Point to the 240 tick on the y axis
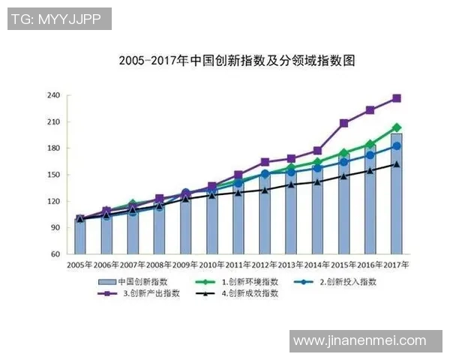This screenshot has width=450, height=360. [53, 95]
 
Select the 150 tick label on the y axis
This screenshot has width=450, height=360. [53, 175]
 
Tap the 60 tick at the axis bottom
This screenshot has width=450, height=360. [55, 254]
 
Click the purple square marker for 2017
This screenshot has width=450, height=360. [396, 98]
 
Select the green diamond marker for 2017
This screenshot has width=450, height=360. [396, 127]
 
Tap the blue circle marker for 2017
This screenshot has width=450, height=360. [396, 146]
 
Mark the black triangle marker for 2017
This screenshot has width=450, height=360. [396, 164]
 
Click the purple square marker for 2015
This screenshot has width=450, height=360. [343, 123]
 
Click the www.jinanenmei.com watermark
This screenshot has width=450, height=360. [359, 341]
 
